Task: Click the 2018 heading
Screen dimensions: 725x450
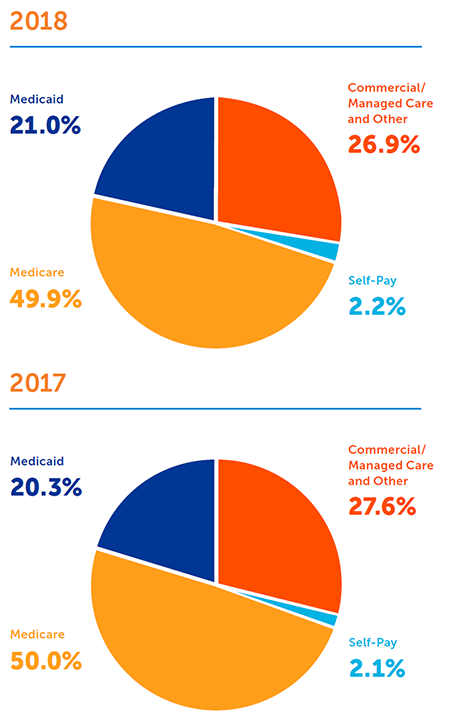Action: pos(39,20)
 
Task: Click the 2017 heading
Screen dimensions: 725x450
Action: pos(38,382)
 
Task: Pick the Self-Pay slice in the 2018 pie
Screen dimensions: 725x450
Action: pos(328,251)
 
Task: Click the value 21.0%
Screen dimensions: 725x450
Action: pos(46,126)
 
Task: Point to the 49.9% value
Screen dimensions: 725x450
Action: pos(46,299)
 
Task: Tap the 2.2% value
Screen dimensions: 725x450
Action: pos(377,306)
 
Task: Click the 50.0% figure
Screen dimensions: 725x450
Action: pos(46,661)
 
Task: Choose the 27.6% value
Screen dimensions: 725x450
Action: pos(382,506)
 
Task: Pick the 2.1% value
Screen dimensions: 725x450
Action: pos(376,668)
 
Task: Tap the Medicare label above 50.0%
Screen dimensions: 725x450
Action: pos(38,635)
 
